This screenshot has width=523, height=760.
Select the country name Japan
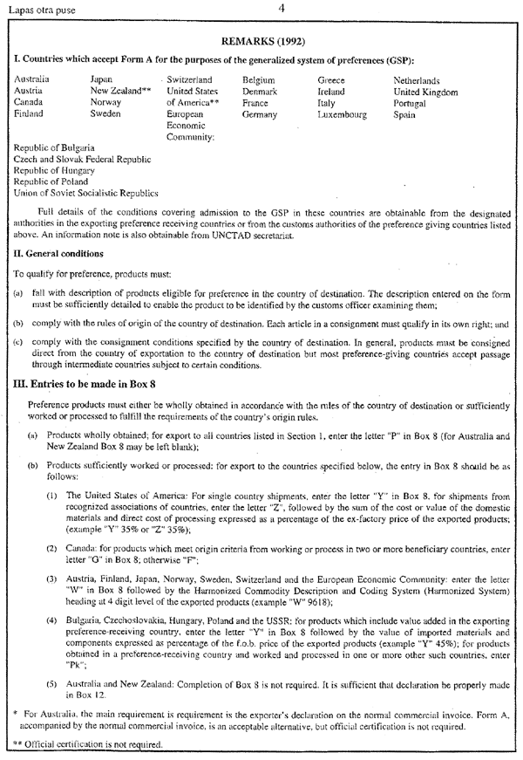(x=103, y=79)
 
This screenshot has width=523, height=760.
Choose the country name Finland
(x=31, y=113)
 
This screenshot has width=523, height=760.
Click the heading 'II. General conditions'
(x=59, y=254)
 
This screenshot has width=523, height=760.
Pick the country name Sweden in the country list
(x=105, y=113)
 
